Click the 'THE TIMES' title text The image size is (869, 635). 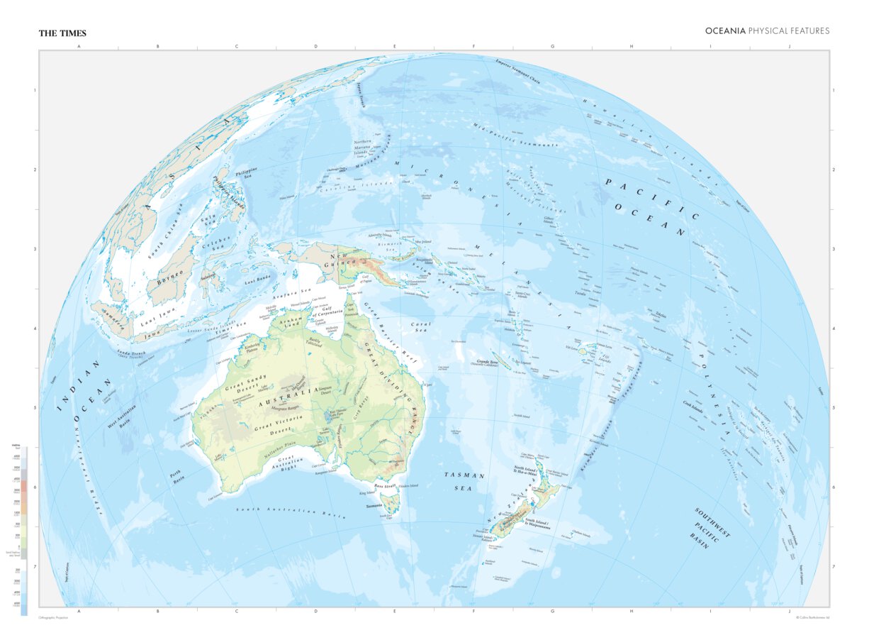62,33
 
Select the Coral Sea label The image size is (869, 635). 421,327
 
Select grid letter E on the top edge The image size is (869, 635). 395,46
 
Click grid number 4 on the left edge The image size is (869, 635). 33,328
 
